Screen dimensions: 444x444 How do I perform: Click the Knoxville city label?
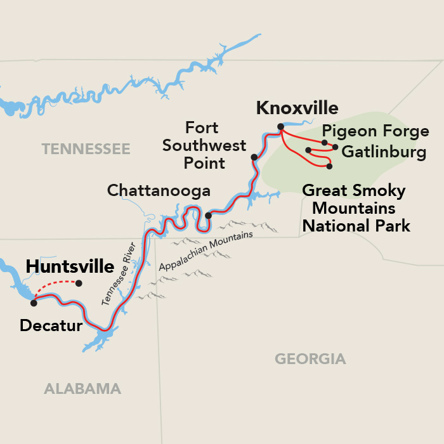[297, 108]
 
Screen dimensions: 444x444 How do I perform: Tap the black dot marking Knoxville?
[280, 127]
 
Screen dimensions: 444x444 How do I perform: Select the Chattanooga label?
[158, 190]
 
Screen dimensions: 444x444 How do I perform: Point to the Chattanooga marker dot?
[208, 216]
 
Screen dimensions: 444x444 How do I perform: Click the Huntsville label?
[70, 266]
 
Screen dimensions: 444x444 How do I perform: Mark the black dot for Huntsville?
[79, 283]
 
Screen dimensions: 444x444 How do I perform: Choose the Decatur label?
[51, 326]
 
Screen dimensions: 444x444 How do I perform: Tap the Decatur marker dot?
[34, 303]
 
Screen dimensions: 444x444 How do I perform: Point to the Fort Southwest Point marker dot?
[254, 157]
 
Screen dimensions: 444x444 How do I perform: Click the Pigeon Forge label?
[375, 132]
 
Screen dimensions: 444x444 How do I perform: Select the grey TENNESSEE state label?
[86, 149]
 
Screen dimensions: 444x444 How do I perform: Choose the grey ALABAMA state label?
[82, 389]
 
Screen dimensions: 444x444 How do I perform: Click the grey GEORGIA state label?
[310, 359]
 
